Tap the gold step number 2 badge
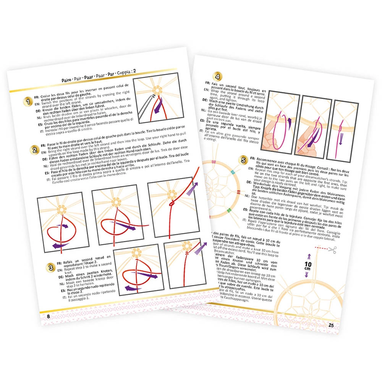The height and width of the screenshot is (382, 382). click(34, 150)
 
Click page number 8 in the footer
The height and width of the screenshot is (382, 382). click(48, 316)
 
